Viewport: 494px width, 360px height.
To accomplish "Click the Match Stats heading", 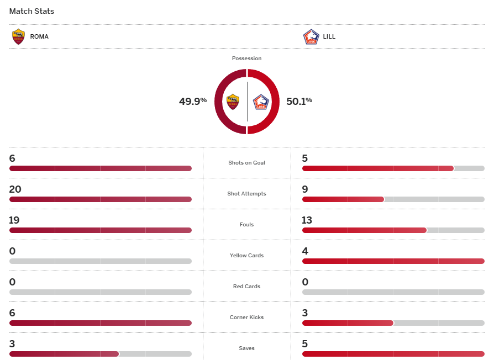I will click(31, 11).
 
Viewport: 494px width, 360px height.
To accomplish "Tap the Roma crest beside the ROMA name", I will click(18, 36).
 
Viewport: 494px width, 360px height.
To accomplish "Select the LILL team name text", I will click(329, 37).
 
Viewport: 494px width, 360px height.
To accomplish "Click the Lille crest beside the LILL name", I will click(311, 37).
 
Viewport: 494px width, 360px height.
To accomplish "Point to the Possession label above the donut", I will click(247, 59).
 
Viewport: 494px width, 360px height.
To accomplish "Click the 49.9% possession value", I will click(192, 101).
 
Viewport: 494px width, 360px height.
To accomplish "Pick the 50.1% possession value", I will click(299, 101).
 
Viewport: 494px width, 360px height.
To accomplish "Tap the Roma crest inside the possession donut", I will click(233, 102).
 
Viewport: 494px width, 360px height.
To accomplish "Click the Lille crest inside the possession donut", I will click(261, 102).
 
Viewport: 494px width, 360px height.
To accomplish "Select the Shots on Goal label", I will click(247, 163).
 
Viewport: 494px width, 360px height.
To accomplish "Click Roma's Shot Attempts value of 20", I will click(15, 189).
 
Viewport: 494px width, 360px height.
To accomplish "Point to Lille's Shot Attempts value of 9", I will click(305, 189).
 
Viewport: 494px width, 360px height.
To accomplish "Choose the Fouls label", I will click(247, 225).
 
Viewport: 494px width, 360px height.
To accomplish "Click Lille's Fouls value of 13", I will click(307, 220).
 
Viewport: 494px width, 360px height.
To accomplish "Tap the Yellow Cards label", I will click(247, 256).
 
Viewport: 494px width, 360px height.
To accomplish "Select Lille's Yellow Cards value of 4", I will click(305, 251).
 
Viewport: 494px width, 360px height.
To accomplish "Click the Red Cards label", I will click(247, 287).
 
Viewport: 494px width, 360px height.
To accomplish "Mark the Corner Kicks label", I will click(247, 317).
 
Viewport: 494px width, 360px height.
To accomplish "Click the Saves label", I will click(247, 348).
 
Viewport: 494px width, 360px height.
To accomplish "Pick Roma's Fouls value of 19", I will click(14, 220).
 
